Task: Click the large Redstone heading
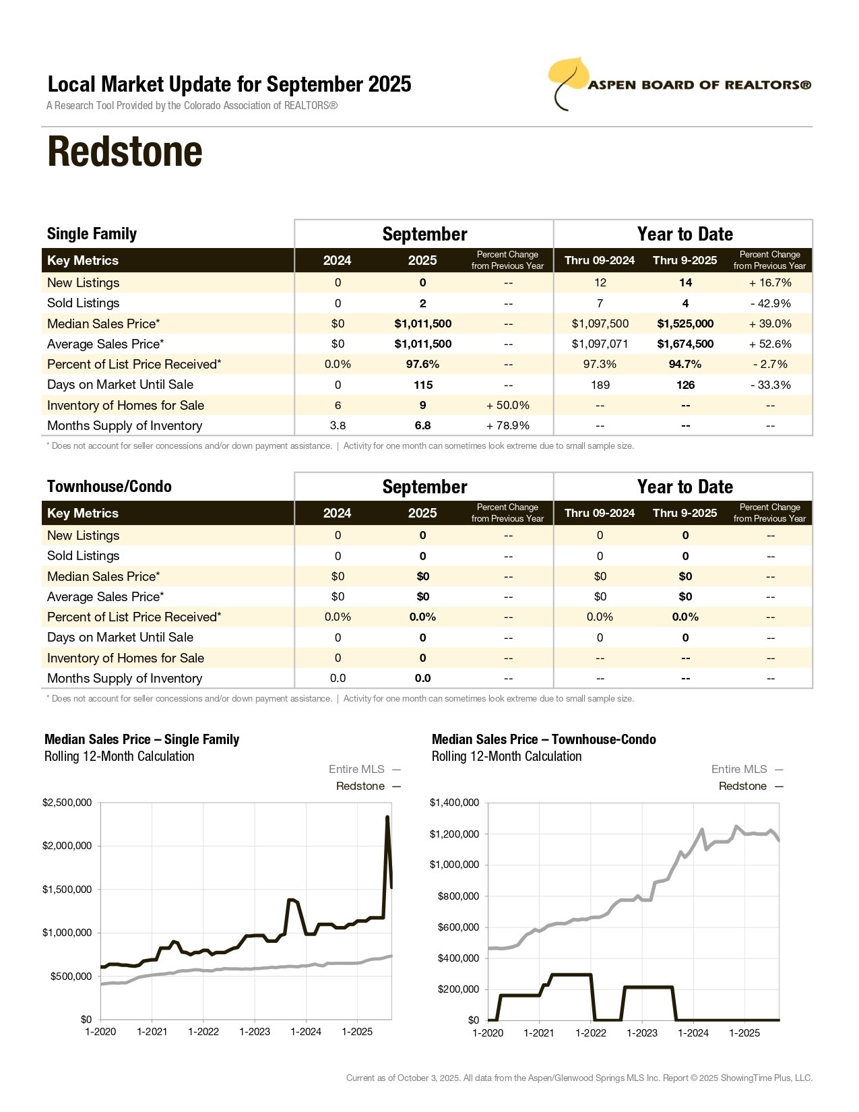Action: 125,152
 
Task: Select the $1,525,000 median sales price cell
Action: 685,323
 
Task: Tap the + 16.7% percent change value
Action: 770,282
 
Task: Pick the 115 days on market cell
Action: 422,385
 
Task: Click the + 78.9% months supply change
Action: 507,425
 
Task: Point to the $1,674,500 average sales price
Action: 685,344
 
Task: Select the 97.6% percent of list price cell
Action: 422,364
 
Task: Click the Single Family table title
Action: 92,234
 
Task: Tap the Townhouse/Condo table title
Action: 109,487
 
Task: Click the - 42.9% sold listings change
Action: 770,303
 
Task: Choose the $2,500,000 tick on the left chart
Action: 67,803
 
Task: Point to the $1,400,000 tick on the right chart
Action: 454,803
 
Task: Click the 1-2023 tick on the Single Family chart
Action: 255,1032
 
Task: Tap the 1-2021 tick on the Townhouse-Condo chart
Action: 539,1032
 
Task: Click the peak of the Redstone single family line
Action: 387,817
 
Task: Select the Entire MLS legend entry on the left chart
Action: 356,769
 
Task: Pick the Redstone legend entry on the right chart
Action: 742,786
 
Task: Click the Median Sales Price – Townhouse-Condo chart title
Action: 544,739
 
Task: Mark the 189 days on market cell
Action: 600,385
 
